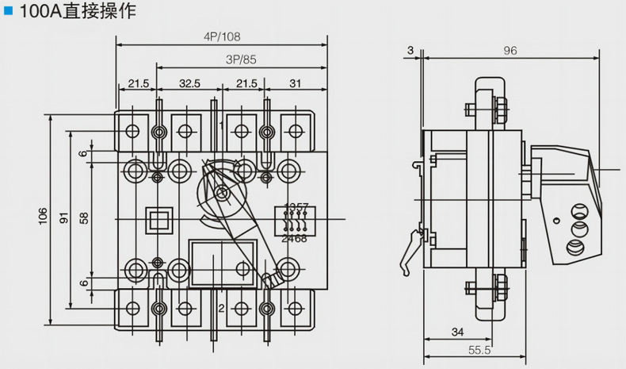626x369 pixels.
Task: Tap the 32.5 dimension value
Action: click(189, 83)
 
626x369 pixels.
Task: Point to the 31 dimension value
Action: click(295, 83)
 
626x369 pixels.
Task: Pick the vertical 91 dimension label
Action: click(63, 216)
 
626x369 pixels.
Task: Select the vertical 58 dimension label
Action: click(84, 216)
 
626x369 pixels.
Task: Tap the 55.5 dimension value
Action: click(476, 350)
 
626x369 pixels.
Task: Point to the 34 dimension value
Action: click(457, 331)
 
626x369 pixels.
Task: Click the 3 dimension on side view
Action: click(410, 51)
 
